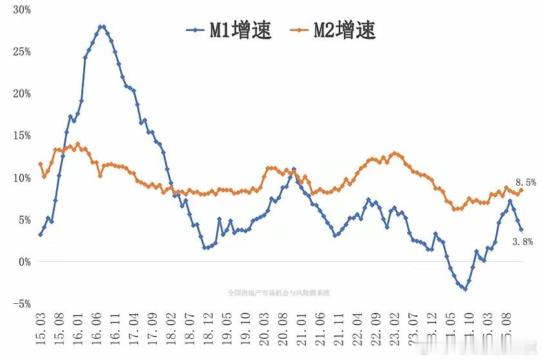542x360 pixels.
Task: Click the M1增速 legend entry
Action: tap(230, 29)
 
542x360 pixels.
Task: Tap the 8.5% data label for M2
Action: tap(525, 183)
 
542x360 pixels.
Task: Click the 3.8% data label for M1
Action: tap(522, 242)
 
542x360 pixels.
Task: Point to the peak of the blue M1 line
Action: tap(102, 26)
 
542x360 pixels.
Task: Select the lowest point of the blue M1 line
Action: tap(465, 289)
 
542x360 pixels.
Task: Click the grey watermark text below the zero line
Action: tap(279, 292)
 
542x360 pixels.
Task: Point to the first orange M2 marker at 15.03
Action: tap(40, 164)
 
